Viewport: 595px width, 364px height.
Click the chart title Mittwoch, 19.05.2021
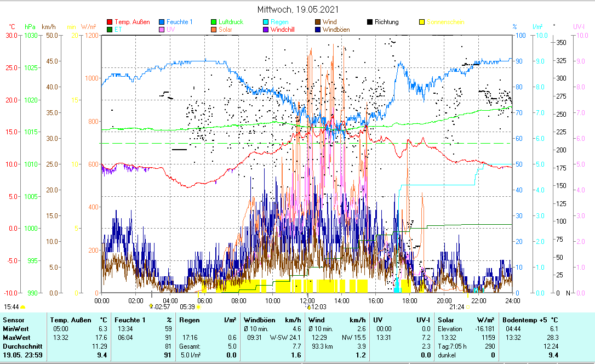click(298, 9)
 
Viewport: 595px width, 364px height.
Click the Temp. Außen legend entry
click(130, 22)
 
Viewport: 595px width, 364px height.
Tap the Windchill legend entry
click(282, 29)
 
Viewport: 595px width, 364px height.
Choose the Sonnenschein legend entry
click(445, 22)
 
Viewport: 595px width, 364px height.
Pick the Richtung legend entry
click(387, 22)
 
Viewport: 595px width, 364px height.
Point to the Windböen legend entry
click(336, 29)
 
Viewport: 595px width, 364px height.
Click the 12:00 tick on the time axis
click(307, 300)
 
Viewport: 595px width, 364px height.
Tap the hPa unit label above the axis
click(30, 26)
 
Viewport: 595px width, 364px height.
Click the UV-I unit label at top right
click(579, 26)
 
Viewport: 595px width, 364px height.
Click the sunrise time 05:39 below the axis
click(187, 307)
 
